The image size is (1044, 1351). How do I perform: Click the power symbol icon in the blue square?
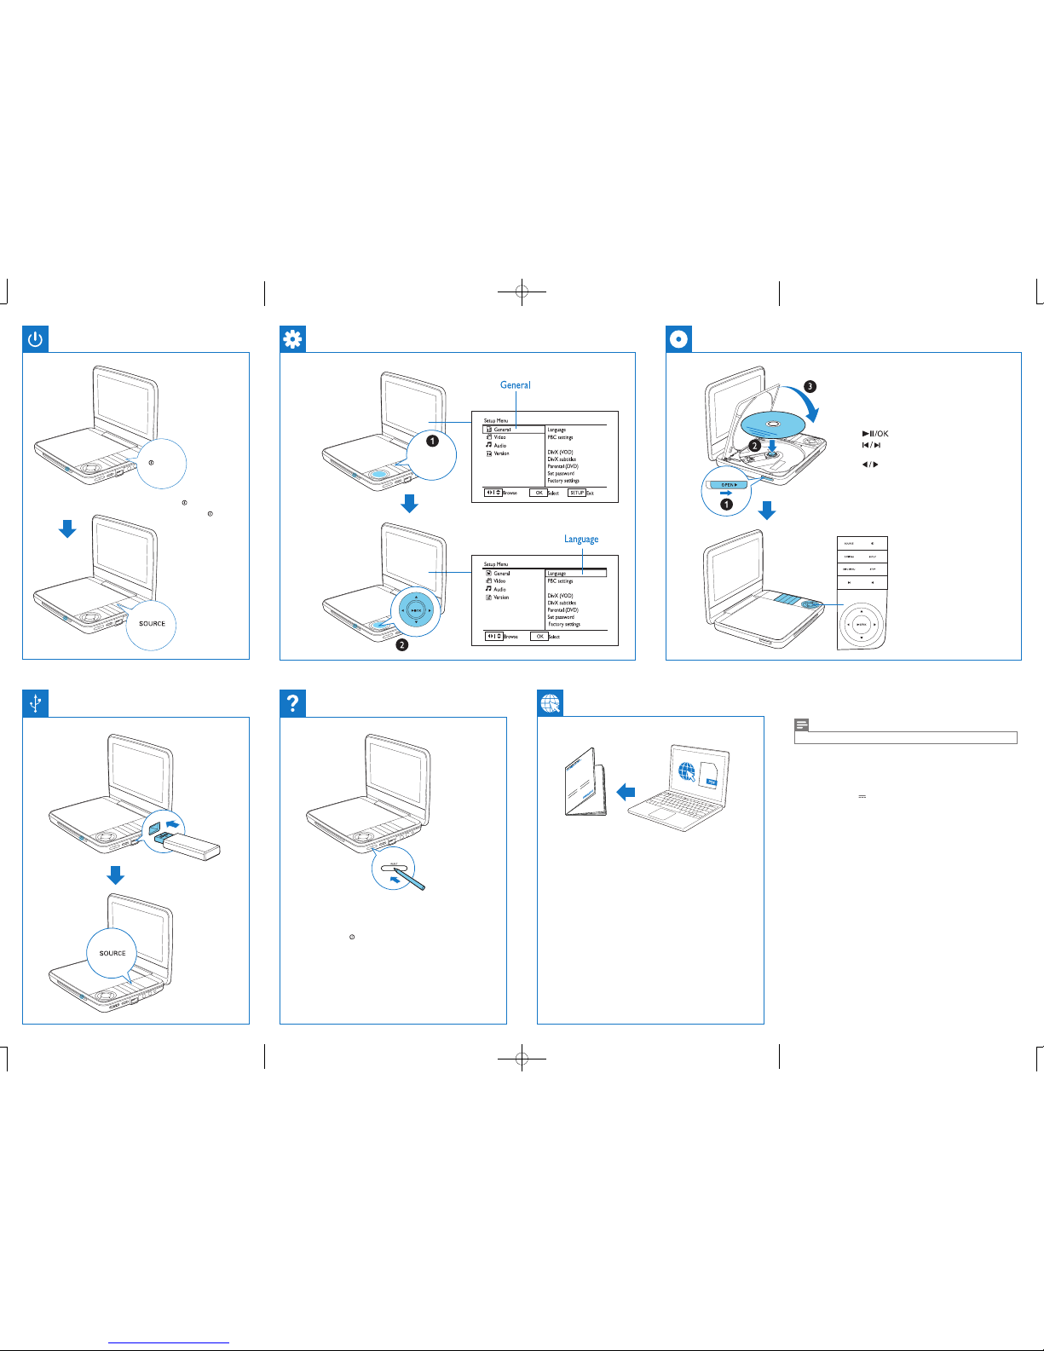[35, 339]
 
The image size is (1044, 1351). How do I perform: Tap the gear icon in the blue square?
[292, 339]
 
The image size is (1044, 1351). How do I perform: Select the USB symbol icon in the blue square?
[35, 703]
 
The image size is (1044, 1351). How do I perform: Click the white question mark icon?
[292, 703]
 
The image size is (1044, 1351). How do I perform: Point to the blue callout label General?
[515, 385]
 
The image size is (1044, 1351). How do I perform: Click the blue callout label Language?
[581, 540]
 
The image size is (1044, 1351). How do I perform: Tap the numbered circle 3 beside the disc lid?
[810, 386]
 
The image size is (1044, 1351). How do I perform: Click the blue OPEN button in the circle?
[728, 484]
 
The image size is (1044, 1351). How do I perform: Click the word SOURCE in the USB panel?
[112, 953]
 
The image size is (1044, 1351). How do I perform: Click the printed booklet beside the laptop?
[585, 782]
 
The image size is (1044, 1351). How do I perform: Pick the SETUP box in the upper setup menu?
[577, 493]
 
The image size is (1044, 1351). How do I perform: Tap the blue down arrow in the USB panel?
[115, 875]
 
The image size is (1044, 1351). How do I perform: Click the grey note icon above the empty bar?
[801, 725]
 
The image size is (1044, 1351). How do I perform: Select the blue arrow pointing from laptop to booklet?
[626, 792]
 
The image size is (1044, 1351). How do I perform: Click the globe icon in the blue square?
[551, 703]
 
